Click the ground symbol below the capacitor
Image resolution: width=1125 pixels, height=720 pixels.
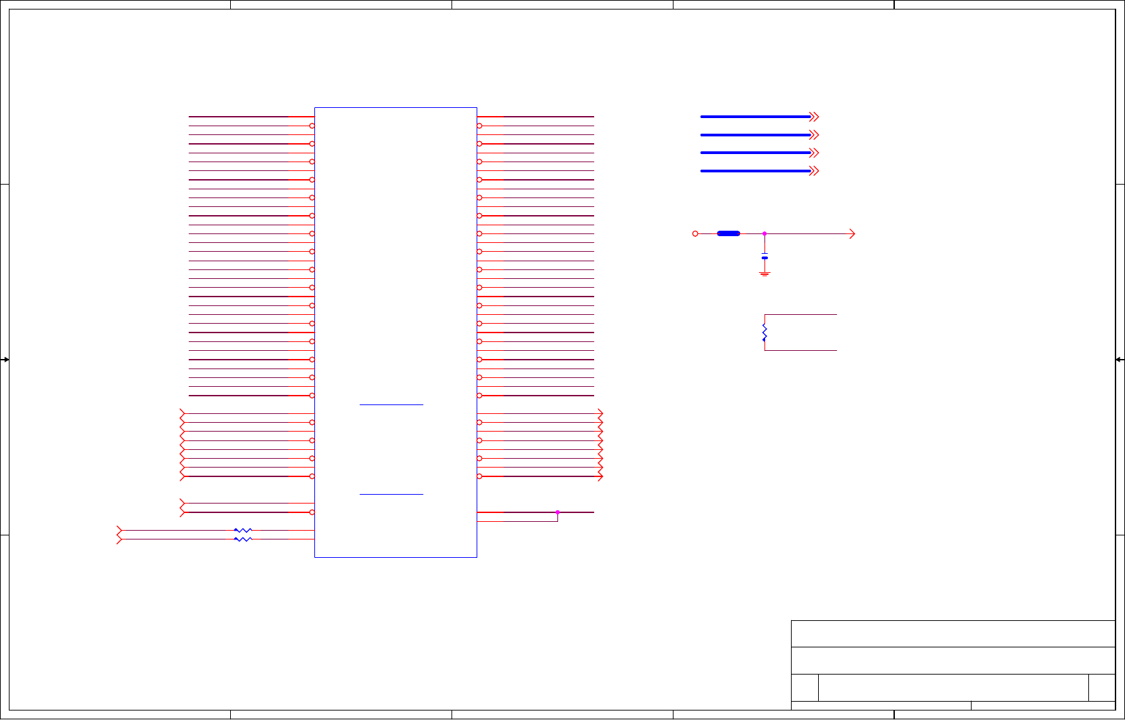[764, 273]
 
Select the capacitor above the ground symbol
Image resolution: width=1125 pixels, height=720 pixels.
[764, 257]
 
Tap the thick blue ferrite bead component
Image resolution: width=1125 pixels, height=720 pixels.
[729, 233]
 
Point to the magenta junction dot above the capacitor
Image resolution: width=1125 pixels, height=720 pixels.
[764, 233]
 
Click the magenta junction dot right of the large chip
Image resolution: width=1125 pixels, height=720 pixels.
[557, 512]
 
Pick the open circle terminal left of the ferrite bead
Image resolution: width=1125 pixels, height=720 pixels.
[695, 233]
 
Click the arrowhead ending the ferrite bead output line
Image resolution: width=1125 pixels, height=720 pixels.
[852, 233]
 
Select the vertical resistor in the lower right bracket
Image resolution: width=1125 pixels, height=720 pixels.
[764, 333]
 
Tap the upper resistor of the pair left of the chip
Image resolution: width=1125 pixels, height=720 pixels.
[242, 530]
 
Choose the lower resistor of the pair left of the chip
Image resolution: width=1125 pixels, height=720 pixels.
[242, 539]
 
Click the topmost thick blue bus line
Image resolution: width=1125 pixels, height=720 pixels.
[755, 117]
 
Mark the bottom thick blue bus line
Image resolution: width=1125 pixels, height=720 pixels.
[755, 171]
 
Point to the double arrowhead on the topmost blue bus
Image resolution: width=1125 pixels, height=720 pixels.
[815, 117]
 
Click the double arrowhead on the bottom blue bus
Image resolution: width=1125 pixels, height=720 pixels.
[815, 171]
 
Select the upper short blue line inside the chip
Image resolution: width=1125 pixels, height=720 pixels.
[391, 404]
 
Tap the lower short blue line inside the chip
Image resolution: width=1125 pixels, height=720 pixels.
[391, 494]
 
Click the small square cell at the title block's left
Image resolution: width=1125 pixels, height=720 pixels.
[805, 687]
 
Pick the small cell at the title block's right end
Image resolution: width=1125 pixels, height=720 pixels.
[1101, 687]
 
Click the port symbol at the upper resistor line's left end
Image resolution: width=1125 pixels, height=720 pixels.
[119, 530]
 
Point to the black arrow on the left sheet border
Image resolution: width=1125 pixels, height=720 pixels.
[5, 359]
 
